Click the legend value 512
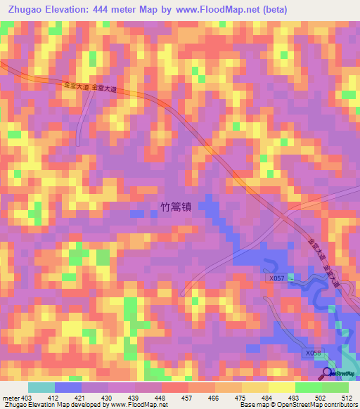coord(347,397)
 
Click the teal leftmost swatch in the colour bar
coord(41,387)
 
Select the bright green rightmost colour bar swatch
coord(335,387)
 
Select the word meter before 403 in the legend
coord(10,397)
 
